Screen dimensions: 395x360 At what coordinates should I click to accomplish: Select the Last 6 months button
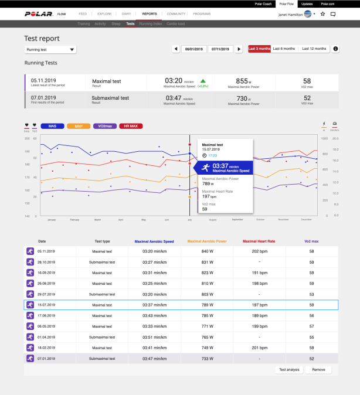[284, 49]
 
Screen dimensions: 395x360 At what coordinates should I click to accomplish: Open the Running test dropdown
[50, 50]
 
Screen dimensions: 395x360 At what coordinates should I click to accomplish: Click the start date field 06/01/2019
[194, 49]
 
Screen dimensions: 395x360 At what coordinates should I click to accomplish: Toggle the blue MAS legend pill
[53, 126]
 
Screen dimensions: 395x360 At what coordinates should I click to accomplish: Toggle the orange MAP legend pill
[78, 126]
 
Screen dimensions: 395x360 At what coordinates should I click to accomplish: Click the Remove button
[318, 370]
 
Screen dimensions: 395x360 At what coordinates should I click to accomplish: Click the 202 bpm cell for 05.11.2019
[259, 251]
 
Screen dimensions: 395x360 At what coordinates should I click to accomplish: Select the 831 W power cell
[206, 262]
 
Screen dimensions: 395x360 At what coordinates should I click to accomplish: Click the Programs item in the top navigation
[202, 13]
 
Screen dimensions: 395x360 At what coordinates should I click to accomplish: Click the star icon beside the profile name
[322, 13]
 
